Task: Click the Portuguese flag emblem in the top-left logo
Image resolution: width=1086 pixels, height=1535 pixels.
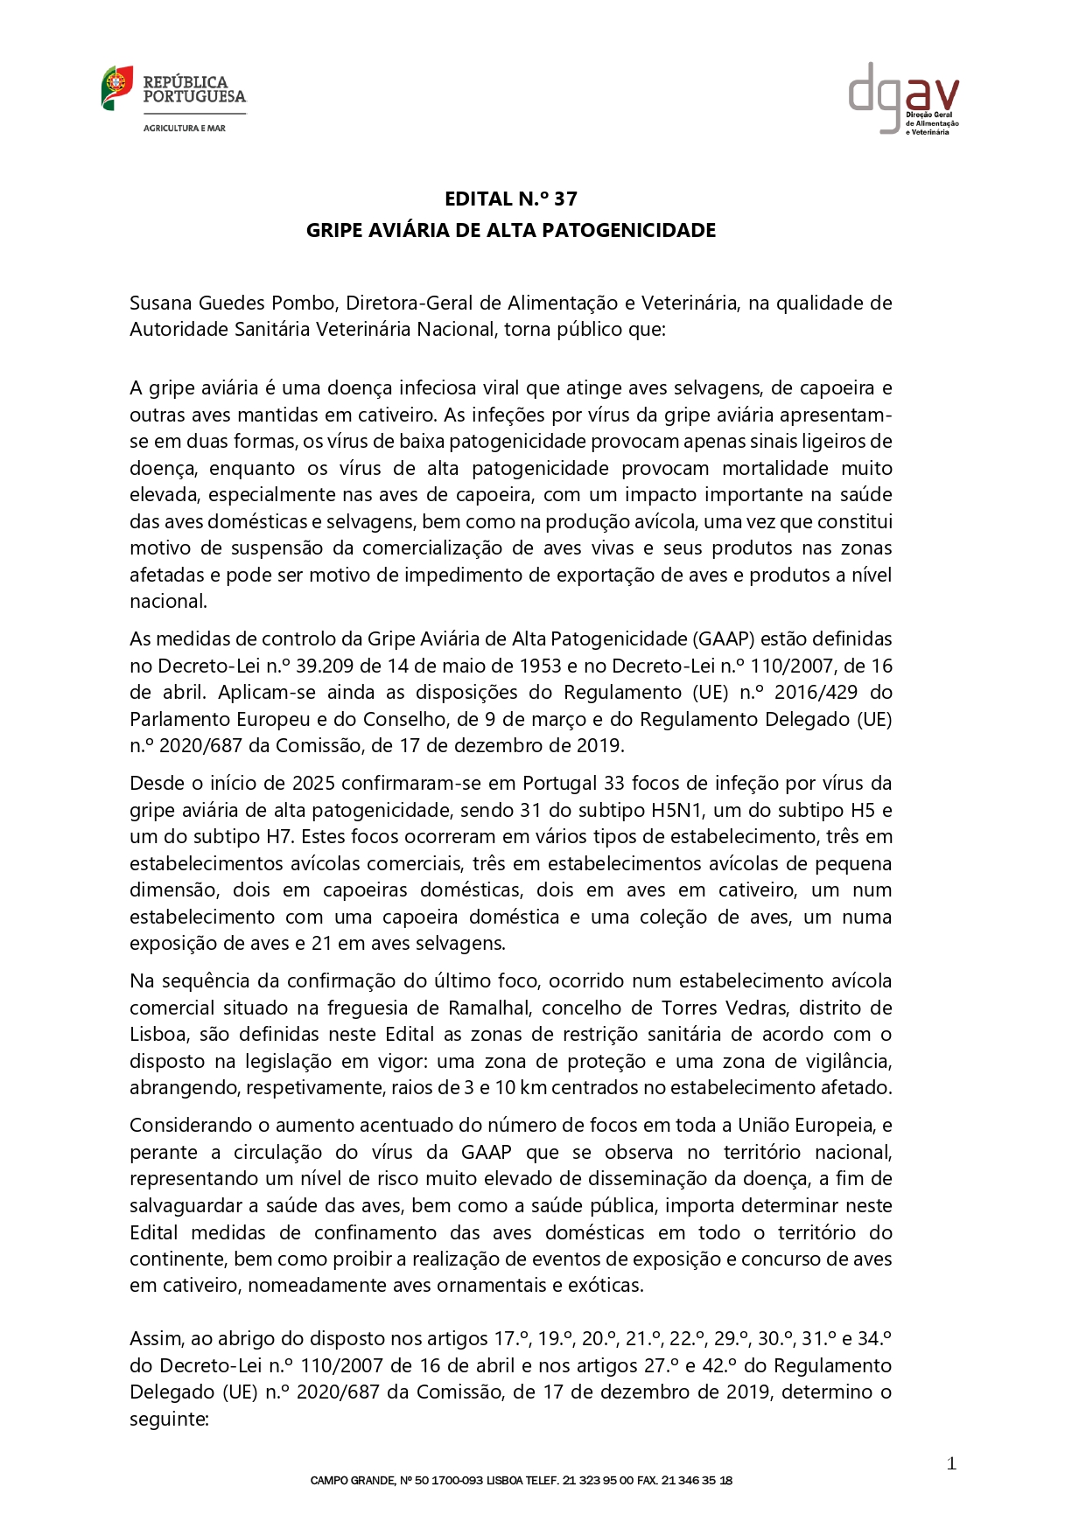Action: [116, 87]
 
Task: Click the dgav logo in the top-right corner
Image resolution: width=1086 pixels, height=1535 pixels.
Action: [903, 97]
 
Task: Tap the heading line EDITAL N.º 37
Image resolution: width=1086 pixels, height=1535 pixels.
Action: [511, 199]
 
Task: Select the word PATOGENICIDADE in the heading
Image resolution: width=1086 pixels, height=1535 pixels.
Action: [646, 230]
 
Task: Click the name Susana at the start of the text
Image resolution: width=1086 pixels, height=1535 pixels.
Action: [161, 304]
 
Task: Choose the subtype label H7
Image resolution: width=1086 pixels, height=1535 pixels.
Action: [276, 837]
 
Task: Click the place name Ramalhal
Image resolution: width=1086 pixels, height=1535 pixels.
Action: [489, 1008]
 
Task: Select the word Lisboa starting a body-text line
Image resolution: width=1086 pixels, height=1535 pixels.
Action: [158, 1035]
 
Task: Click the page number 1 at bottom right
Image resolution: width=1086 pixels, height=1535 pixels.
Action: [951, 1464]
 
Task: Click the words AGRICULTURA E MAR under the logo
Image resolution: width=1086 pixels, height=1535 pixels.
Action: [185, 128]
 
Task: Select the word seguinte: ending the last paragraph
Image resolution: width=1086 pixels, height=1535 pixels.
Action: [169, 1420]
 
